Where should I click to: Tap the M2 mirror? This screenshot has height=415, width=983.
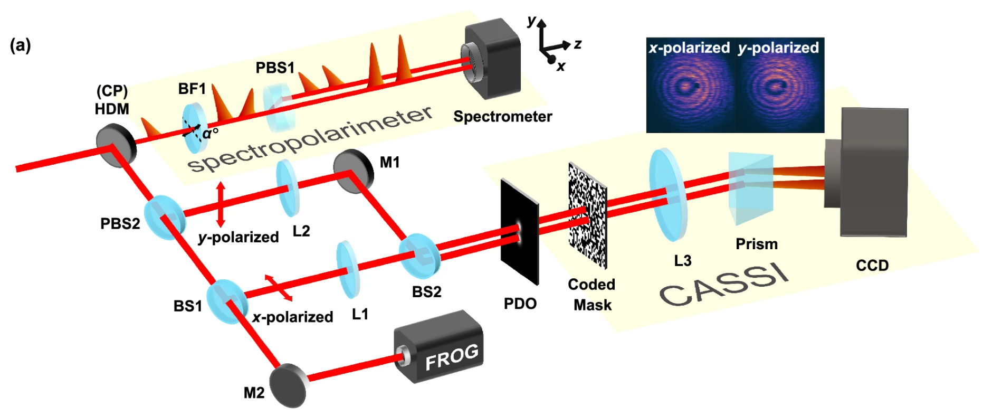click(x=288, y=385)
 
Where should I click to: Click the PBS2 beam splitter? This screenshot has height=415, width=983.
click(x=164, y=216)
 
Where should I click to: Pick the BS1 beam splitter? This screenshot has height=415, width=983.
click(x=227, y=301)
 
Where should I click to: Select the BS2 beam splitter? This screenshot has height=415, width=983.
click(x=419, y=256)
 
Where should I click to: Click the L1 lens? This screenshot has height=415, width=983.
click(x=347, y=269)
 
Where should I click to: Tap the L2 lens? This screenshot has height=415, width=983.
click(x=288, y=188)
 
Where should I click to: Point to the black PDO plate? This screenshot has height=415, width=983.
click(x=519, y=231)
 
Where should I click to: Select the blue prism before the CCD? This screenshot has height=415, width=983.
click(x=750, y=188)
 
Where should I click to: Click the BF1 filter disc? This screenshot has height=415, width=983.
click(x=193, y=128)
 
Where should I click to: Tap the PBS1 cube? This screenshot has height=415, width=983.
click(x=278, y=108)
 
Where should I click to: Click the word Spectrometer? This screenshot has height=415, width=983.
click(x=502, y=117)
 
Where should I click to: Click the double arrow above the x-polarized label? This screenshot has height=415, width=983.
click(x=278, y=288)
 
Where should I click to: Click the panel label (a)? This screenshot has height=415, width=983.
click(x=21, y=46)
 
